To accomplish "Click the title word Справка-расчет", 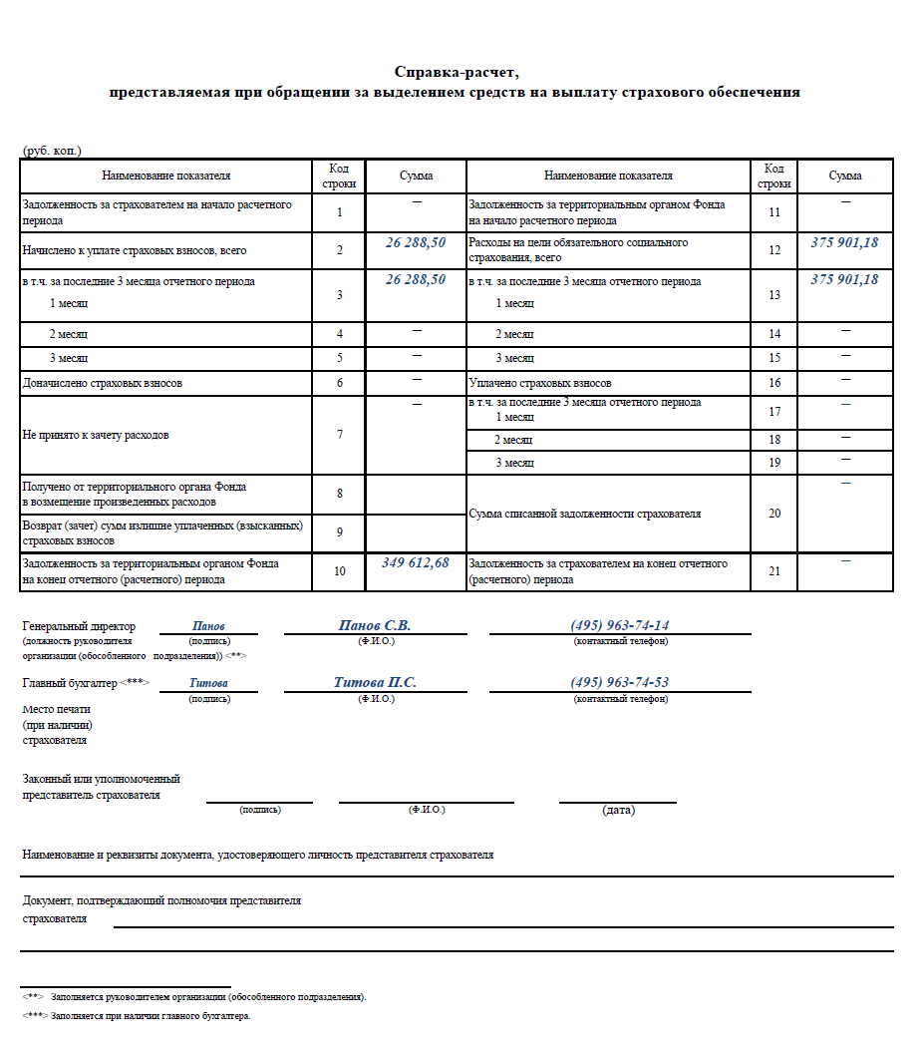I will tap(458, 72).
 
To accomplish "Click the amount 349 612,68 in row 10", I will tap(416, 563).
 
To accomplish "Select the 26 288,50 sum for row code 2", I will tap(416, 242).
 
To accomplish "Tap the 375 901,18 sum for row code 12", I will tap(844, 242).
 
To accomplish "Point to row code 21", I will tap(774, 571).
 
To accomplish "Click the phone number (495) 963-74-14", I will tap(620, 625).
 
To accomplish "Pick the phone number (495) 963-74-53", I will tap(620, 682).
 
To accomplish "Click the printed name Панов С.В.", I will tap(375, 625).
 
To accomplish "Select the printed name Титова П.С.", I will tap(375, 682).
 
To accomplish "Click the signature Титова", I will tap(208, 683).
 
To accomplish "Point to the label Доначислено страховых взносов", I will tap(103, 383).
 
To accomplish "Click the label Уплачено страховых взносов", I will tap(539, 383).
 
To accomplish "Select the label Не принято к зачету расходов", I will tap(96, 435).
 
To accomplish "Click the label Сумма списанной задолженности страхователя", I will tap(584, 514).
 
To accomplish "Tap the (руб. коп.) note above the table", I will tap(52, 151).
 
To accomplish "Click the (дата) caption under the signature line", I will tap(618, 810).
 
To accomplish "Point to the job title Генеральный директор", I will tap(79, 626).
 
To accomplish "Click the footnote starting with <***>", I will tap(137, 1016).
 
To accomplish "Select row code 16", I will tap(774, 383).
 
